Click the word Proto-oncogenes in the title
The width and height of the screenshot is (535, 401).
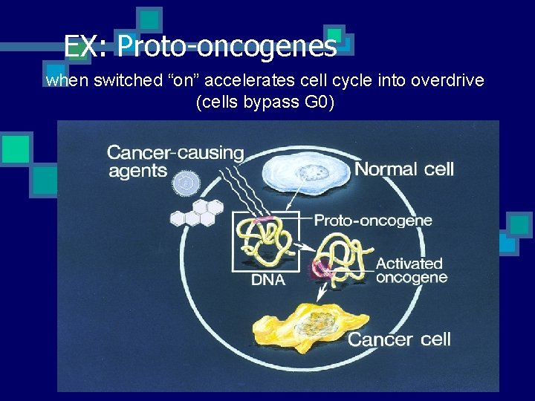click(227, 47)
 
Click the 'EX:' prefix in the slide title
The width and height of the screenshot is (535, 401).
click(87, 47)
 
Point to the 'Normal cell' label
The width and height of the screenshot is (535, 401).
click(403, 169)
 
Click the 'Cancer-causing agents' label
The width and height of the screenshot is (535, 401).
click(175, 161)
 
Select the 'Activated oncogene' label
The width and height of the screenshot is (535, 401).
click(411, 270)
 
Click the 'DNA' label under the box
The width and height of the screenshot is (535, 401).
click(269, 280)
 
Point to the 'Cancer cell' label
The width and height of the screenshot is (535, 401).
click(399, 339)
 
